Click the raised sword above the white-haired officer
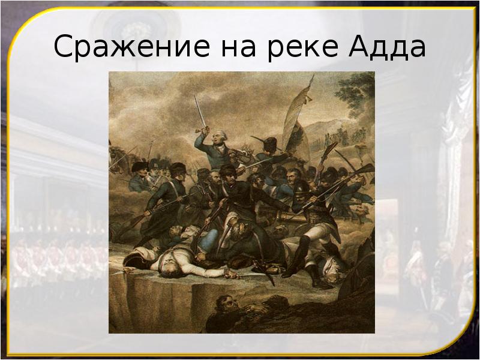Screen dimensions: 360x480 click(199, 111)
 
